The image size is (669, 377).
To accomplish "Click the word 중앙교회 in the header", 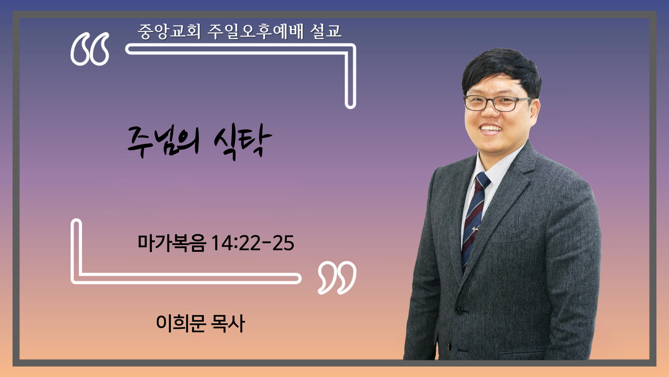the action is pyautogui.click(x=169, y=32).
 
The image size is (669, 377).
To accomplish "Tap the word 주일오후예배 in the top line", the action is pyautogui.click(x=256, y=32).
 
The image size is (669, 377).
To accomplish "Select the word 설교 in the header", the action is pyautogui.click(x=326, y=32).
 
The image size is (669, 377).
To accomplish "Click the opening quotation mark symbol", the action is pyautogui.click(x=90, y=49).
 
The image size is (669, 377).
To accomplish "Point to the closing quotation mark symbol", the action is pyautogui.click(x=337, y=278).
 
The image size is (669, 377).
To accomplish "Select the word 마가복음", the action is pyautogui.click(x=172, y=243).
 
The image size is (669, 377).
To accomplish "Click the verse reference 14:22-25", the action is pyautogui.click(x=253, y=243).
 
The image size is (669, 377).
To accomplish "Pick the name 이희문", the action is pyautogui.click(x=181, y=323).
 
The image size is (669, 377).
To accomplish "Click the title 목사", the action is pyautogui.click(x=228, y=323).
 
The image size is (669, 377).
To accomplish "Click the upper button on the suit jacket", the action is pyautogui.click(x=459, y=311).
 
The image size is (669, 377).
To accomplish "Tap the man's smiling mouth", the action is pyautogui.click(x=491, y=129).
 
